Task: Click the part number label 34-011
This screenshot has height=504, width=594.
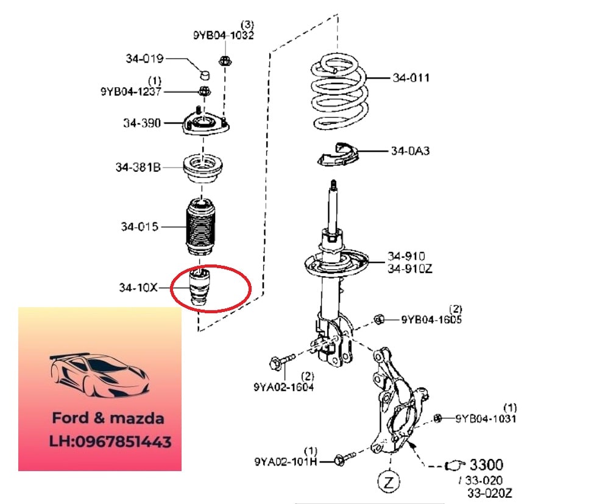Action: click(x=411, y=77)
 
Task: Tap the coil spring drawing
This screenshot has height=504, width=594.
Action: click(x=340, y=93)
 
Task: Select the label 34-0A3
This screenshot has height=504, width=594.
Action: click(x=410, y=151)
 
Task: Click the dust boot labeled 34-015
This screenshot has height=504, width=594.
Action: click(x=201, y=227)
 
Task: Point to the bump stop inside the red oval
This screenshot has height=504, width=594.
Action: click(x=199, y=286)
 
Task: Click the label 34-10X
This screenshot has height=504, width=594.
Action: click(x=138, y=288)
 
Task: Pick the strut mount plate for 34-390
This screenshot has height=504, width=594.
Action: click(x=206, y=123)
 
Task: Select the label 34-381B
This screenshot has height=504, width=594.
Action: click(x=138, y=167)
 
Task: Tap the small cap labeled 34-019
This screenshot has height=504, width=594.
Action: click(x=205, y=74)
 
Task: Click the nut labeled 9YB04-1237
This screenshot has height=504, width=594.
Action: click(x=205, y=91)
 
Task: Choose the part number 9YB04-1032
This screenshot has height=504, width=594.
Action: click(x=224, y=35)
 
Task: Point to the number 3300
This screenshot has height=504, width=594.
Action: click(x=486, y=464)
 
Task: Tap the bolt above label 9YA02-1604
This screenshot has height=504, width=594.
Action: click(x=282, y=362)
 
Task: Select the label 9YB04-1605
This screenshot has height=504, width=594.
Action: click(x=431, y=319)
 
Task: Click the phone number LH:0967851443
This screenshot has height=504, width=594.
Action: click(x=110, y=442)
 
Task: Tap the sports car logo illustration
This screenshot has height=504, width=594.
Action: click(x=100, y=376)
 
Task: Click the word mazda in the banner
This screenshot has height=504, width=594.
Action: click(x=136, y=418)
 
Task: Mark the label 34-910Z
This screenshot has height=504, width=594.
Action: click(x=409, y=269)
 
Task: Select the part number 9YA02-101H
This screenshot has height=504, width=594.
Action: click(x=285, y=461)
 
